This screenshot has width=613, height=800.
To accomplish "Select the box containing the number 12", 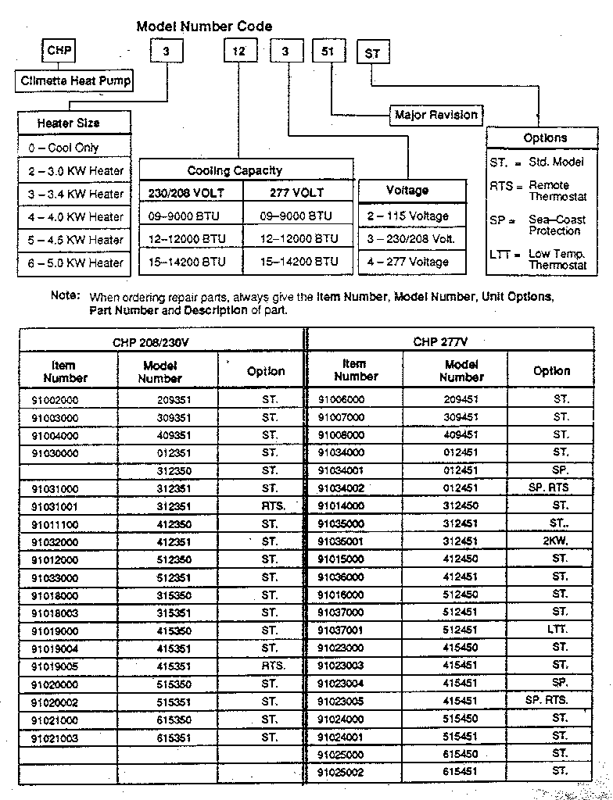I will [x=239, y=52].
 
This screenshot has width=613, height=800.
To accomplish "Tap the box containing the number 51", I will [x=328, y=52].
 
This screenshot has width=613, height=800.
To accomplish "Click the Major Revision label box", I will [x=436, y=115].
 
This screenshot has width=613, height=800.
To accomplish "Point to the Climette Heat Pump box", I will [x=75, y=80].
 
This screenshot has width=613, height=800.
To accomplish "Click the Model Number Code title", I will [x=204, y=27].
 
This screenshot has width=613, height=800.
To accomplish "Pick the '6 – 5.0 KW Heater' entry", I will [x=75, y=263].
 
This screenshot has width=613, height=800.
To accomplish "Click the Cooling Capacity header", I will [x=235, y=170].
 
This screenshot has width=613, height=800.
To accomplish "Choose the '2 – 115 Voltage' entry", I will [x=407, y=216].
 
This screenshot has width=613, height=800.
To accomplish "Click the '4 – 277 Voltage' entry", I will [x=407, y=262].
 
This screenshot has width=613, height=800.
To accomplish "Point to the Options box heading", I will [x=545, y=138].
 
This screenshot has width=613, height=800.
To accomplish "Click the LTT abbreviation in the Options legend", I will [x=500, y=255].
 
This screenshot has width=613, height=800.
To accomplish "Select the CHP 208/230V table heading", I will [x=161, y=341].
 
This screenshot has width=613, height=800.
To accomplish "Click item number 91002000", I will [x=55, y=400].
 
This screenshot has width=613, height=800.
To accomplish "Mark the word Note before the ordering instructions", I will [x=65, y=296].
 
